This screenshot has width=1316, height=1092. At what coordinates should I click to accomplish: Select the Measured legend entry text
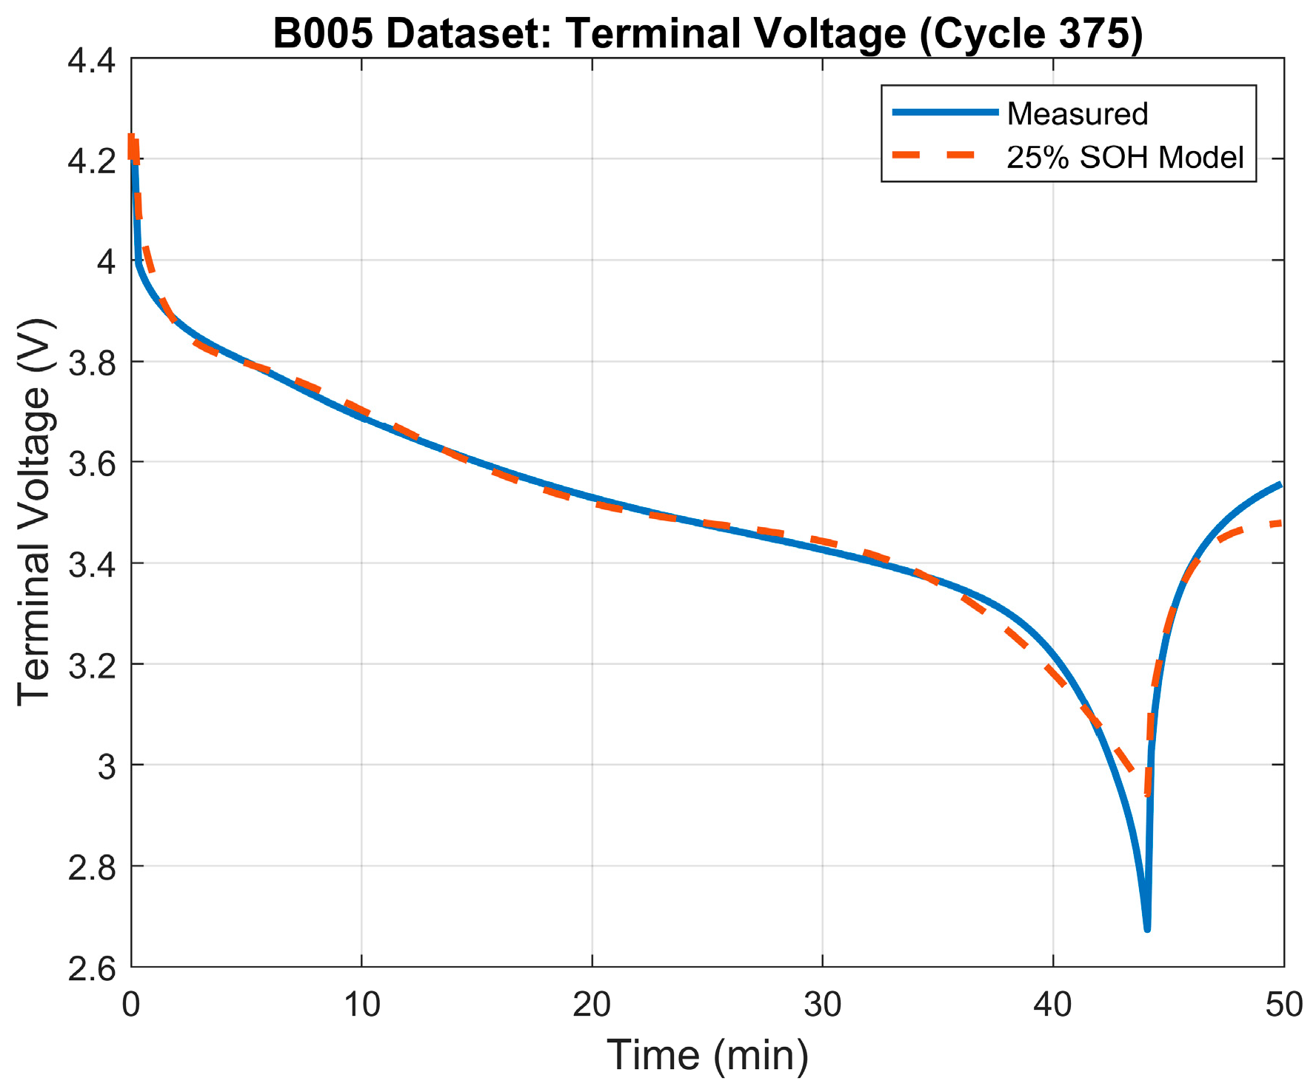tap(1078, 114)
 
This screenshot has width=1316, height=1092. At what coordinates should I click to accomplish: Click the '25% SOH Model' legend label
tap(1125, 158)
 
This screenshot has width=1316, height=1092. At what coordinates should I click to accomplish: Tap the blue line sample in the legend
tap(945, 113)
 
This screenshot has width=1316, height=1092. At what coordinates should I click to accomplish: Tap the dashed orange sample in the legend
tap(945, 156)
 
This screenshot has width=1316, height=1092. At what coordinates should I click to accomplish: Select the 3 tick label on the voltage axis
tap(107, 766)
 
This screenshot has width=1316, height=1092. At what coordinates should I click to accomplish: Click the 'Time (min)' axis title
tap(707, 1054)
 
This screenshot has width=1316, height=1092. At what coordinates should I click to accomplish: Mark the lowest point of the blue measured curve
tap(1146, 928)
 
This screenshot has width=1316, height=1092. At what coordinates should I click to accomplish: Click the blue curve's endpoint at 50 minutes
tap(1281, 485)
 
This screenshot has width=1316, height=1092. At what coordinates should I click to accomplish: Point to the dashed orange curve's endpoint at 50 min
tap(1281, 523)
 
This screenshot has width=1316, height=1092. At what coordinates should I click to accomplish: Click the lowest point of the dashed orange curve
tap(1147, 794)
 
